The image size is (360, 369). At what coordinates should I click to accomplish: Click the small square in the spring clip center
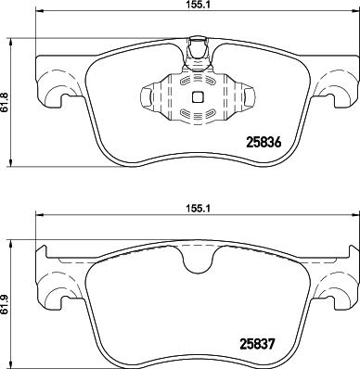pyautogui.click(x=196, y=95)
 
